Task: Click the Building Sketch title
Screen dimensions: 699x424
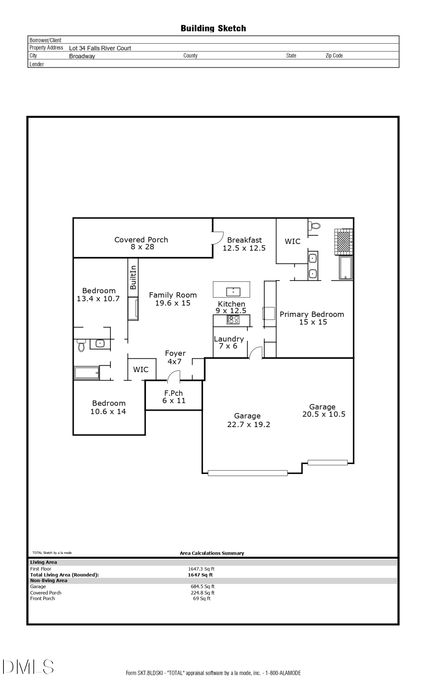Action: click(213, 28)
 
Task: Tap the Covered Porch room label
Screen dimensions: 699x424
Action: click(141, 243)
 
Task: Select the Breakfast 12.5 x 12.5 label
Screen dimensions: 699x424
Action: click(244, 244)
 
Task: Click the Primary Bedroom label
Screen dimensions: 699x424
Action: click(312, 318)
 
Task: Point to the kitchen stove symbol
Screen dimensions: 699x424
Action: click(233, 319)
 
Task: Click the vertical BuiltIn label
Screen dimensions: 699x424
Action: click(133, 278)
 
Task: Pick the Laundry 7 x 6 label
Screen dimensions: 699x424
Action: click(228, 343)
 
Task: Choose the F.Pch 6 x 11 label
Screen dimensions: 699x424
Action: click(174, 397)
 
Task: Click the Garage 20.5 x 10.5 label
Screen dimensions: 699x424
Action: click(323, 411)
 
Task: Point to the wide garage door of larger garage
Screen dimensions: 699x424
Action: click(248, 473)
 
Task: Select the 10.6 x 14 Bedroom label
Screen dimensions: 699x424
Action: click(109, 408)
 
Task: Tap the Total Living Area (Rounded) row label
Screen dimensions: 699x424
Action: click(64, 575)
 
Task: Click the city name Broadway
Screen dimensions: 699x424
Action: click(82, 56)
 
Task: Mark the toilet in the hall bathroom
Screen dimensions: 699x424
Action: click(81, 345)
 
